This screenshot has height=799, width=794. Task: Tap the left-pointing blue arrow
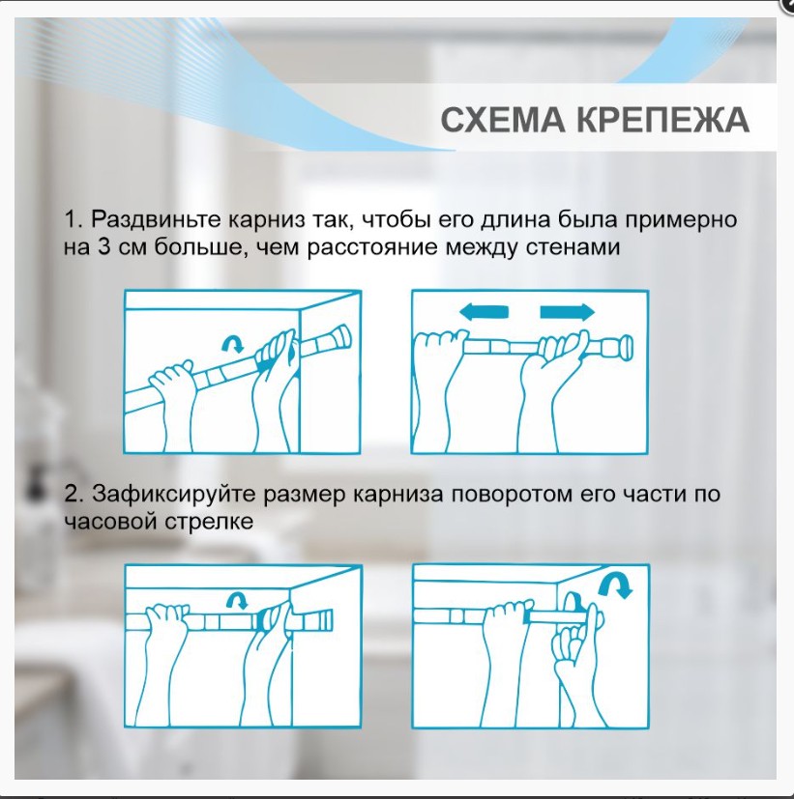pyautogui.click(x=484, y=311)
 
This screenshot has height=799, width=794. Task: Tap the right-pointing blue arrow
pyautogui.click(x=567, y=311)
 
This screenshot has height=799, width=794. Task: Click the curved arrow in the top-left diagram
pyautogui.click(x=233, y=342)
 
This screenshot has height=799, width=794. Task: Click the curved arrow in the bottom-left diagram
pyautogui.click(x=236, y=600)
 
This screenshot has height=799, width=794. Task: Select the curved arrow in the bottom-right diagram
pyautogui.click(x=612, y=583)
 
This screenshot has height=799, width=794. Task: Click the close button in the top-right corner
pyautogui.click(x=786, y=5)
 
